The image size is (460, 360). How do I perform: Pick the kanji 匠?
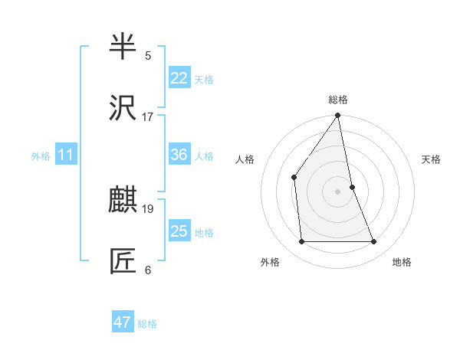tap(123, 261)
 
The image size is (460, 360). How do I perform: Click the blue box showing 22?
tap(179, 78)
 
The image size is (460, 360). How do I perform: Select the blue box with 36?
tap(179, 155)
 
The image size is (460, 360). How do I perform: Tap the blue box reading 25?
tap(179, 231)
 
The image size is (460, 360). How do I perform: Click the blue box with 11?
tap(66, 155)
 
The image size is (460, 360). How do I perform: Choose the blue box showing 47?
tap(123, 322)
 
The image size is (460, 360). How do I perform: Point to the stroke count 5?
tap(148, 56)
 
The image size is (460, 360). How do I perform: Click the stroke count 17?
tap(148, 117)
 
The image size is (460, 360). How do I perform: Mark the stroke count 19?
tap(148, 208)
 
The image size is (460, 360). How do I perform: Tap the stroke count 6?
tap(148, 270)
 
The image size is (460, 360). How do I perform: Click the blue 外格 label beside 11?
tap(41, 156)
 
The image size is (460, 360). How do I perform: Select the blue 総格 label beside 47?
tap(147, 324)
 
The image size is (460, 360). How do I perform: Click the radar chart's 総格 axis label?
tap(338, 100)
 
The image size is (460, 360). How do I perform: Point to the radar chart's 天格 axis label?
tap(432, 159)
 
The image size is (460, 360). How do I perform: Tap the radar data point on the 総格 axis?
tap(338, 116)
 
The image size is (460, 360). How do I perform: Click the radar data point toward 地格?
tap(374, 242)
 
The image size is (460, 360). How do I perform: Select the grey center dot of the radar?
tap(338, 191)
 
